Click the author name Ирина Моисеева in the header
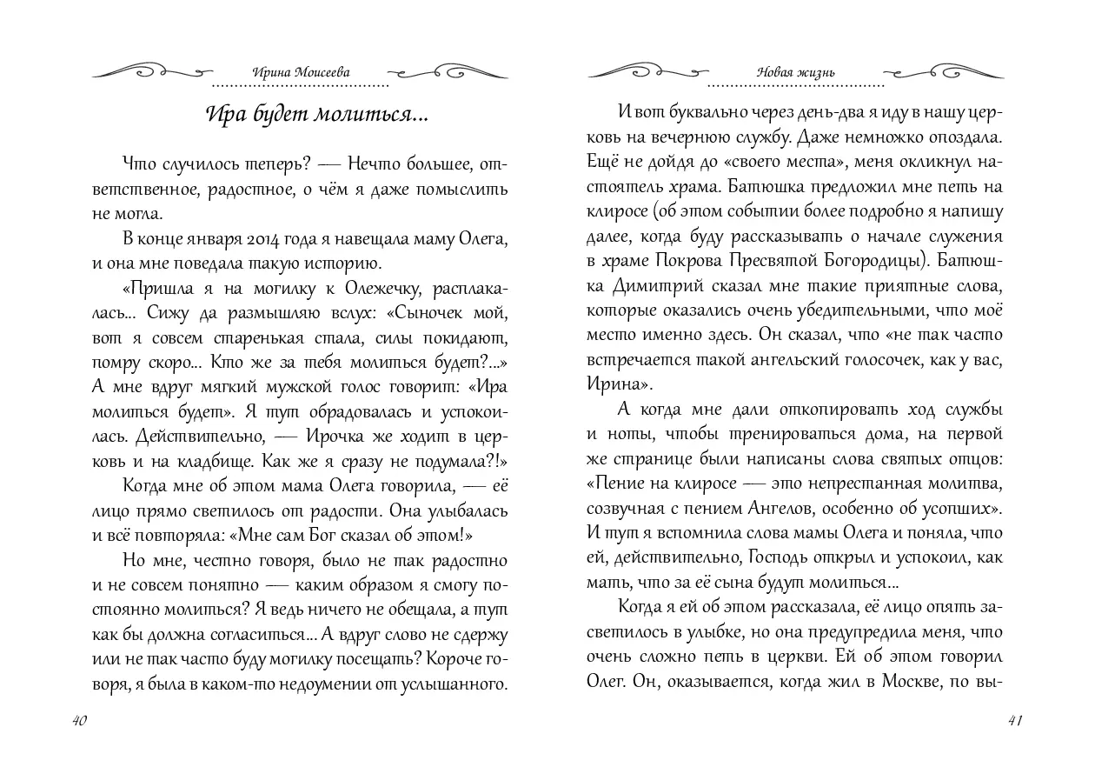(x=300, y=72)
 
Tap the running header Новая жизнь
(x=795, y=72)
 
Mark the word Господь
(x=777, y=556)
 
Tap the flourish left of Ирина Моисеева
(x=151, y=70)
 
